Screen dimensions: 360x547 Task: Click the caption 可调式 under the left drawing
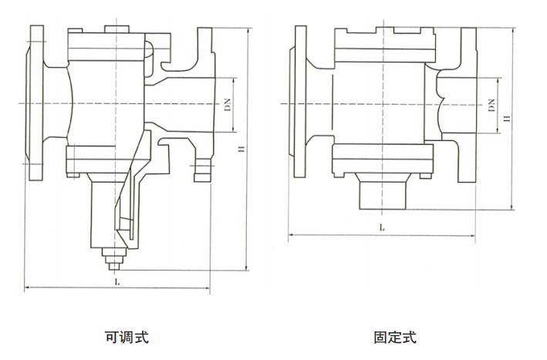[126, 337]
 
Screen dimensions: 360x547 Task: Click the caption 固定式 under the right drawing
[394, 337]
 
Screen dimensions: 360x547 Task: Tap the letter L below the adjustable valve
[117, 282]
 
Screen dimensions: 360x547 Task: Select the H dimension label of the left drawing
[241, 149]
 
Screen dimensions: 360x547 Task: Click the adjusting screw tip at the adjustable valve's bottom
[114, 266]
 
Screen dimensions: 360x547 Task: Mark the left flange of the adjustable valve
[35, 104]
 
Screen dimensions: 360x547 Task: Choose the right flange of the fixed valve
[468, 104]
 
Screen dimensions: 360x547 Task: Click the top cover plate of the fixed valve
[382, 32]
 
